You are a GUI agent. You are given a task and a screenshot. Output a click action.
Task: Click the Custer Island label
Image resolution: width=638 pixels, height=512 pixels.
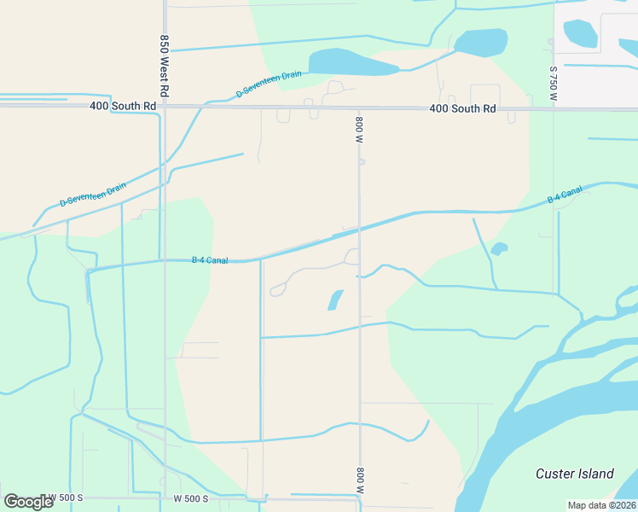pyautogui.click(x=574, y=474)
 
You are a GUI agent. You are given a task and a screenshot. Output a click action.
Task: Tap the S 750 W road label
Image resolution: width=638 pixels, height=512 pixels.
pyautogui.click(x=554, y=84)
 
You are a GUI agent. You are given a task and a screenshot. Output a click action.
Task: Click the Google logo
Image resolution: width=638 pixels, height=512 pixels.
pyautogui.click(x=28, y=502)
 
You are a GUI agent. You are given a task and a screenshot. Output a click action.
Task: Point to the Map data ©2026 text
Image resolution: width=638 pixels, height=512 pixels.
pyautogui.click(x=602, y=505)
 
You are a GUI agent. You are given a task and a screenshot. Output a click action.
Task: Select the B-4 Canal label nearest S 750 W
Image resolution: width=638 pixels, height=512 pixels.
pyautogui.click(x=564, y=196)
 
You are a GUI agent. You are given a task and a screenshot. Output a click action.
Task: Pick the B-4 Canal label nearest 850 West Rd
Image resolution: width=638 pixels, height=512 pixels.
pyautogui.click(x=209, y=260)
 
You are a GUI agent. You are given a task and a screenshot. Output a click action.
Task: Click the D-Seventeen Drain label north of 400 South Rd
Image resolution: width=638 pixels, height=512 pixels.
pyautogui.click(x=269, y=84)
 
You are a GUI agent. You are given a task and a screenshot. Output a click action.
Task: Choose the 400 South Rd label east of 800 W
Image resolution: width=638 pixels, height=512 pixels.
pyautogui.click(x=462, y=108)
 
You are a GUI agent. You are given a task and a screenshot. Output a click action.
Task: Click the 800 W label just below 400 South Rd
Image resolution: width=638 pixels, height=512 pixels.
pyautogui.click(x=360, y=128)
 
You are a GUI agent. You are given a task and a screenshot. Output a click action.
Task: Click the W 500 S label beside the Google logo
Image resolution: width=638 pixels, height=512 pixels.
pyautogui.click(x=66, y=497)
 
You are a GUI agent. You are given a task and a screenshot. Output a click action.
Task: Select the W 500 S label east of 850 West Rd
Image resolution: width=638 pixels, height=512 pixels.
pyautogui.click(x=190, y=497)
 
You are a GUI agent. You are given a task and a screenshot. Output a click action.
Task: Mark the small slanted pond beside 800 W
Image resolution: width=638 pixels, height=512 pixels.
pyautogui.click(x=335, y=300)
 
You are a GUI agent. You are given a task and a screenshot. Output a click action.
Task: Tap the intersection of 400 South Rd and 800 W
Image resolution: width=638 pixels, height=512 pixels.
pyautogui.click(x=359, y=108)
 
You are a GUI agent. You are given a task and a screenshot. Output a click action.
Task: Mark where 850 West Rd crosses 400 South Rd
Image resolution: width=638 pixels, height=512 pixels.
pyautogui.click(x=164, y=106)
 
